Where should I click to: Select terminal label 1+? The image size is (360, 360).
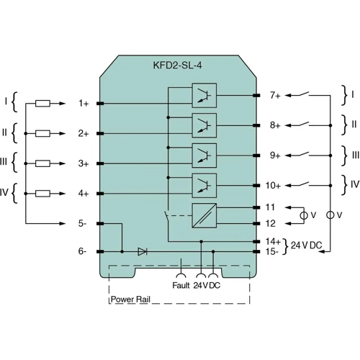coord(84,104)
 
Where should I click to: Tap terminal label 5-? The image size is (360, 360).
coord(84,224)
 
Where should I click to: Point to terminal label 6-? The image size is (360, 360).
coord(84,251)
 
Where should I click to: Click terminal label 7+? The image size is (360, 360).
coord(274,95)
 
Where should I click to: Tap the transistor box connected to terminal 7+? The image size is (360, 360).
coord(204,95)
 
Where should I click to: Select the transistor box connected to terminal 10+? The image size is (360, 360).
coord(204,185)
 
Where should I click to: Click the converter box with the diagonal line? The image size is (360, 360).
coord(204,215)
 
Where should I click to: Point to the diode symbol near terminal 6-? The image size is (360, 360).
coord(142,251)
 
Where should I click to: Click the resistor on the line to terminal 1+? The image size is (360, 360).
coord(42,104)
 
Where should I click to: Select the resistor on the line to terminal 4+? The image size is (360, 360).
coord(42,194)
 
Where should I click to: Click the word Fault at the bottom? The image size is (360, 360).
coord(181,285)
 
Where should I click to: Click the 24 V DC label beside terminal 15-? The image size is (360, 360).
coord(306,246)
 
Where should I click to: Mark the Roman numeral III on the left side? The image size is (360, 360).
coord(4,163)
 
